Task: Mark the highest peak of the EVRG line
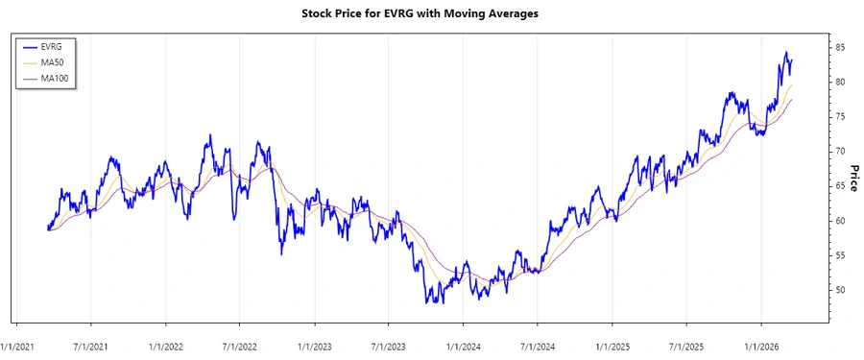click(x=786, y=52)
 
